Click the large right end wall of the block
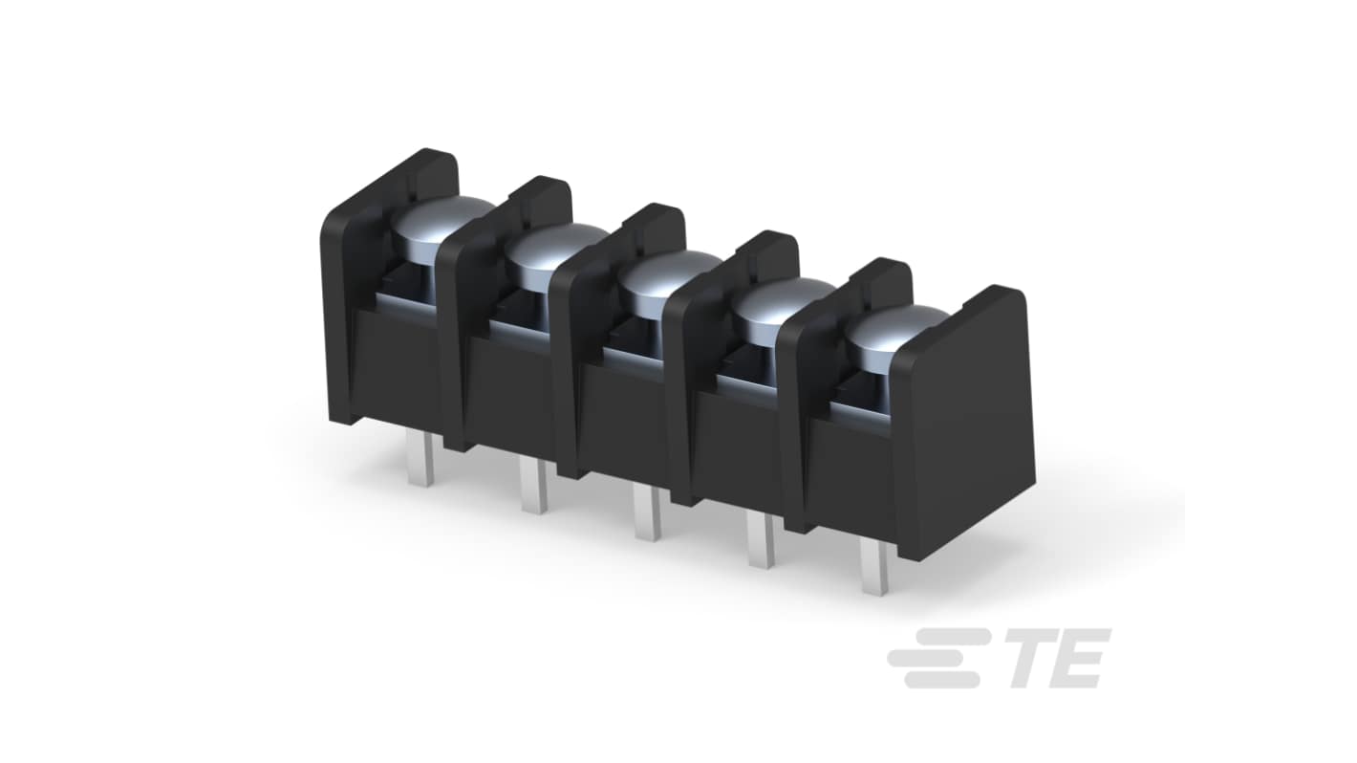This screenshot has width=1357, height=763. point(965,421)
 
